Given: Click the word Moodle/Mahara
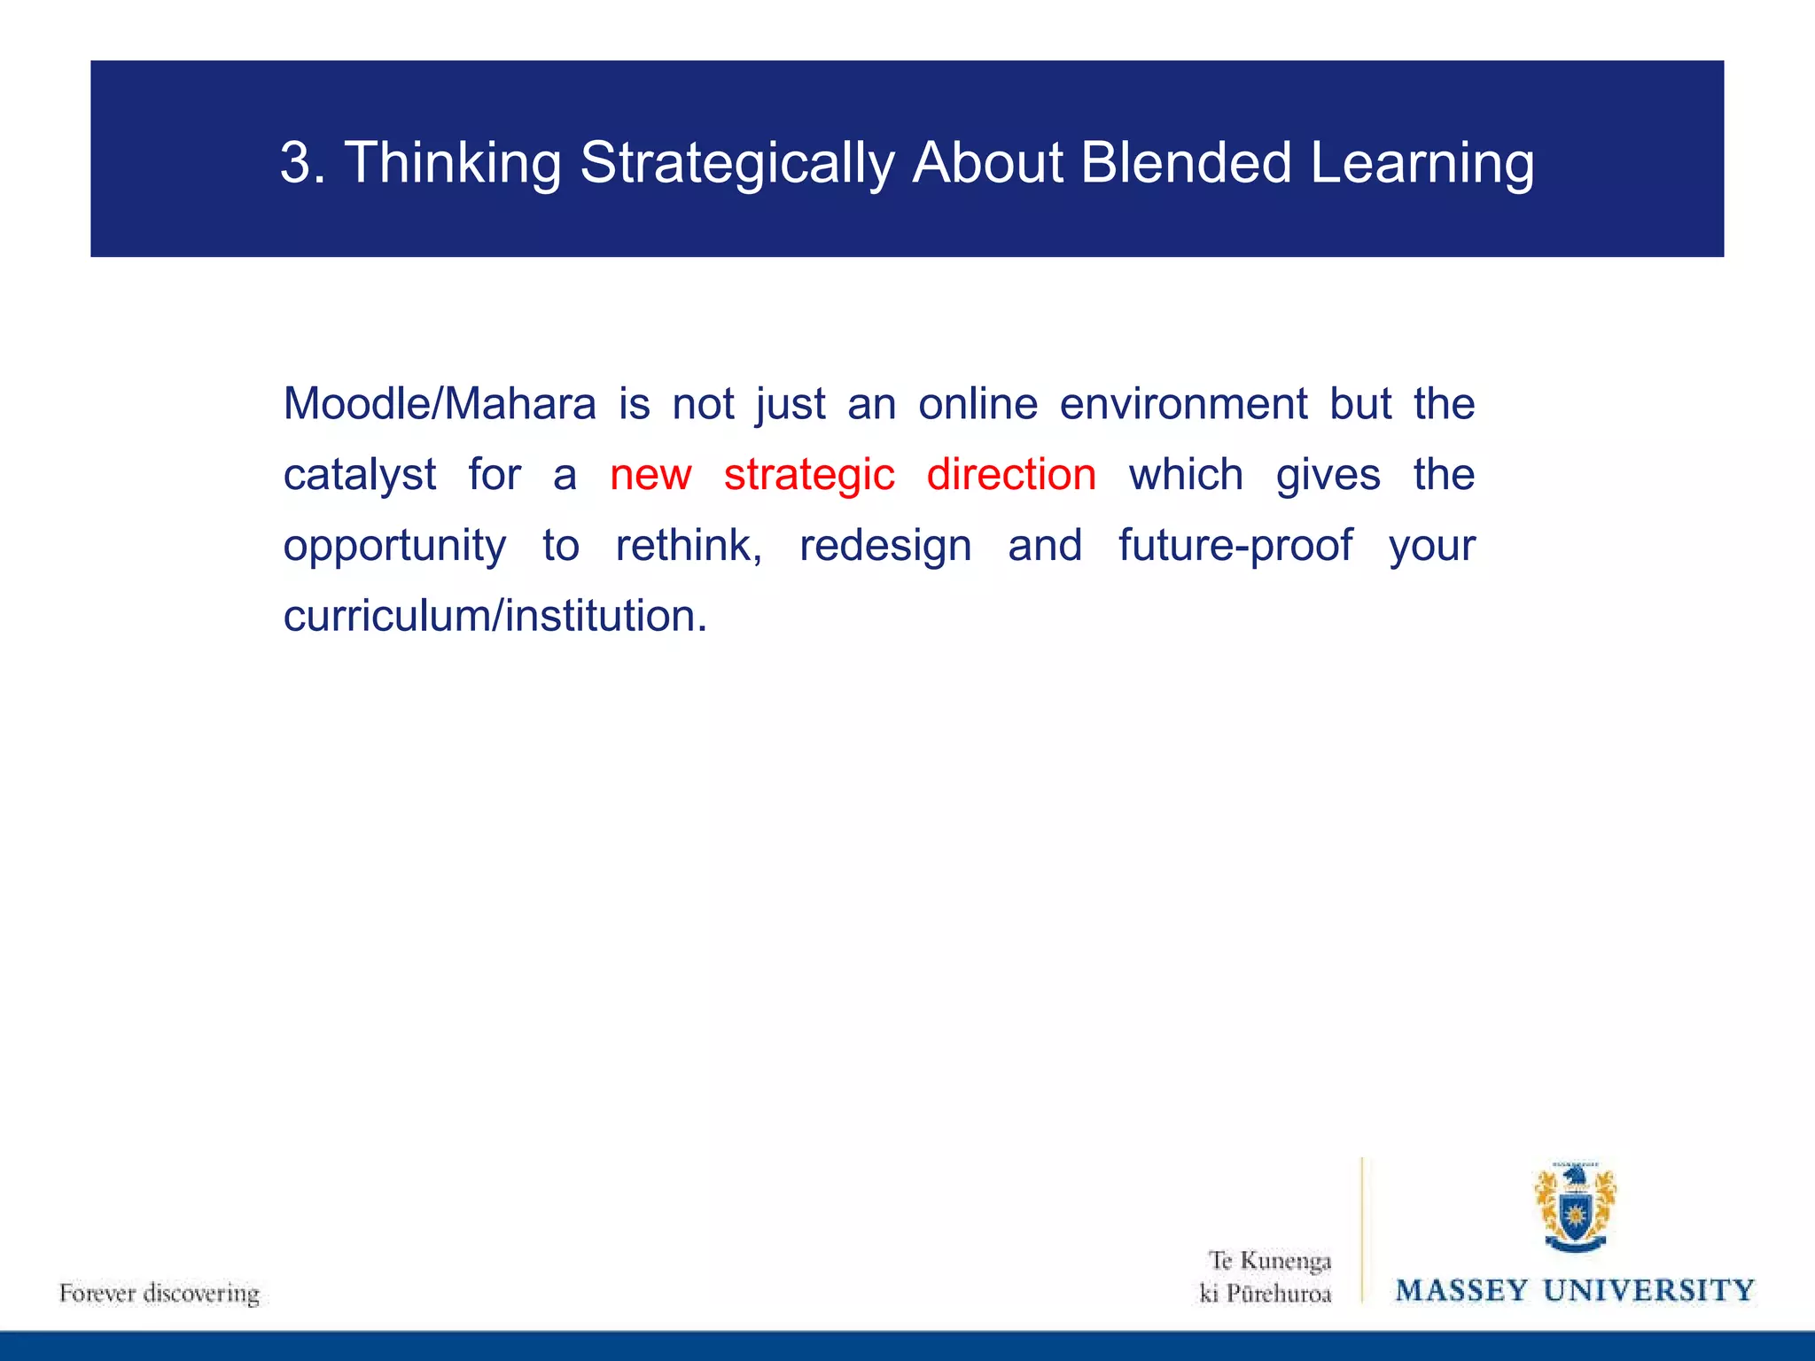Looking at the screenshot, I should tap(440, 404).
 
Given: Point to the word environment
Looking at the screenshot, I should tap(1183, 404).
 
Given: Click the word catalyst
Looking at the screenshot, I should tap(360, 475).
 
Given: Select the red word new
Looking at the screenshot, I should tap(650, 475).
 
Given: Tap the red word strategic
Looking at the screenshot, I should tap(809, 476).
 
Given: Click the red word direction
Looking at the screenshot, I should tap(1011, 475).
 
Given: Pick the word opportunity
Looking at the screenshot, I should tap(394, 547).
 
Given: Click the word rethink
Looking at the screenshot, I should tap(688, 546).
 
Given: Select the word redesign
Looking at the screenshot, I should tap(885, 547).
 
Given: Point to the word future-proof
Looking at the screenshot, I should tap(1235, 546).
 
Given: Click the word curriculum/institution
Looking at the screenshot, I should tap(495, 616).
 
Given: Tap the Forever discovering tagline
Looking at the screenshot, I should tap(160, 1294).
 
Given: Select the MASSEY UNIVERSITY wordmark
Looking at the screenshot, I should tap(1575, 1291).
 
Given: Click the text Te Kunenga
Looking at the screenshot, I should tap(1270, 1261).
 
